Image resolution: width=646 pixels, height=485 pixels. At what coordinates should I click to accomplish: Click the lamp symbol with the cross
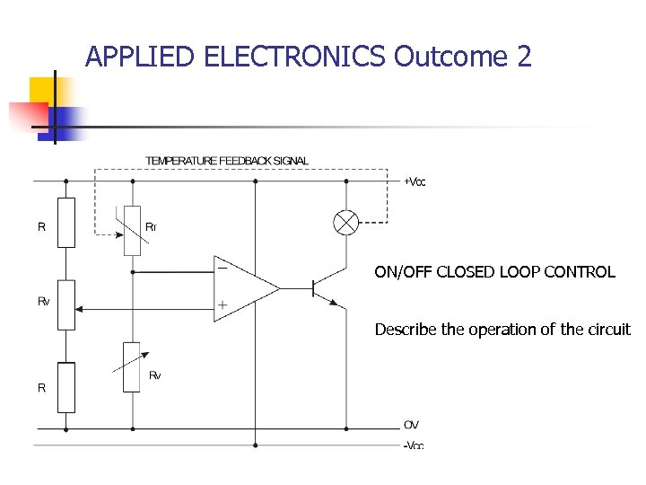coord(345,222)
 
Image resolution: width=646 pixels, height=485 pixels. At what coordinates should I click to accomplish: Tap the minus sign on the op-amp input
coord(221,267)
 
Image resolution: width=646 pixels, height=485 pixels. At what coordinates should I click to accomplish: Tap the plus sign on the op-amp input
coord(222,306)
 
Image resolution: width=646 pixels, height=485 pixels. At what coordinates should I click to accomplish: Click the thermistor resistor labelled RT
coord(133,228)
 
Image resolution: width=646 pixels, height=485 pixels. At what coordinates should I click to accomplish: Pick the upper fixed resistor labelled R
coord(66,222)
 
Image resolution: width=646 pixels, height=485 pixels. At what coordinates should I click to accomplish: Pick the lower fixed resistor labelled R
coord(66,387)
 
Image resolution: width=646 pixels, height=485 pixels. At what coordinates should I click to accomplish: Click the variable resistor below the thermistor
coord(133,366)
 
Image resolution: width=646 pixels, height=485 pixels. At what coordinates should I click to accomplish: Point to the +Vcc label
coord(415,181)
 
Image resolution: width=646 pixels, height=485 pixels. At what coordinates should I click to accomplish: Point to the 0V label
coord(411,425)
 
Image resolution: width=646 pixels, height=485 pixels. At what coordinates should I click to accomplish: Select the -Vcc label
coord(413,445)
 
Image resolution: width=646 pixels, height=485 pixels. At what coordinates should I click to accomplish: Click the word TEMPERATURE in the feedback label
coord(181,161)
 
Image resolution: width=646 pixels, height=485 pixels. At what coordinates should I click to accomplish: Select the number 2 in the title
coord(524,57)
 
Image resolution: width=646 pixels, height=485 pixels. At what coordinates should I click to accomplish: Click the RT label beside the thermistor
coord(151,227)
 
